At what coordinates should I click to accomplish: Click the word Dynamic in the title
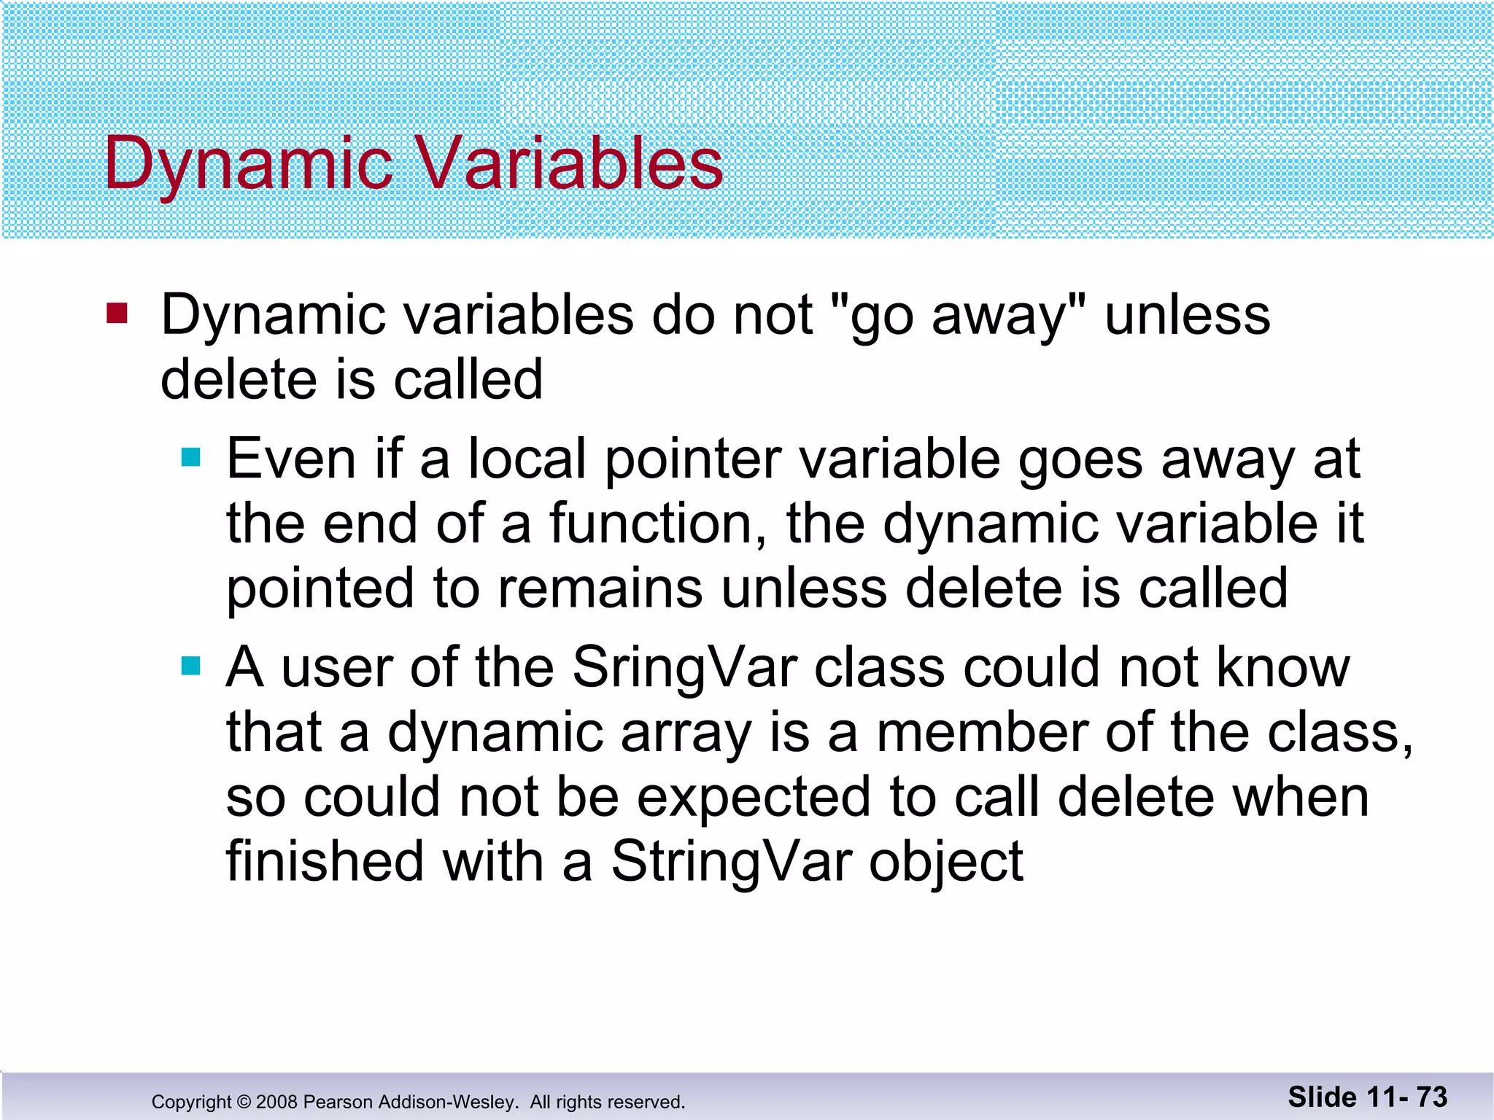[248, 164]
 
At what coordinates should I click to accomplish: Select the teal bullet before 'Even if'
[190, 457]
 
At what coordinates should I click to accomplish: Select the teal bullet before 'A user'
[190, 666]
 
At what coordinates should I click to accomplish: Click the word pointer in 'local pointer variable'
[692, 459]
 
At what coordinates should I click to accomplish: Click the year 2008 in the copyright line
[276, 1102]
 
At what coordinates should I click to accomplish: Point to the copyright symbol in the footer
[244, 1102]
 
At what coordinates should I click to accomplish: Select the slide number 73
[1432, 1097]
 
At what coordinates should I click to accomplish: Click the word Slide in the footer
[1322, 1097]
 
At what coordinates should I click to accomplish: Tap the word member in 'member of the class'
[980, 732]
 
